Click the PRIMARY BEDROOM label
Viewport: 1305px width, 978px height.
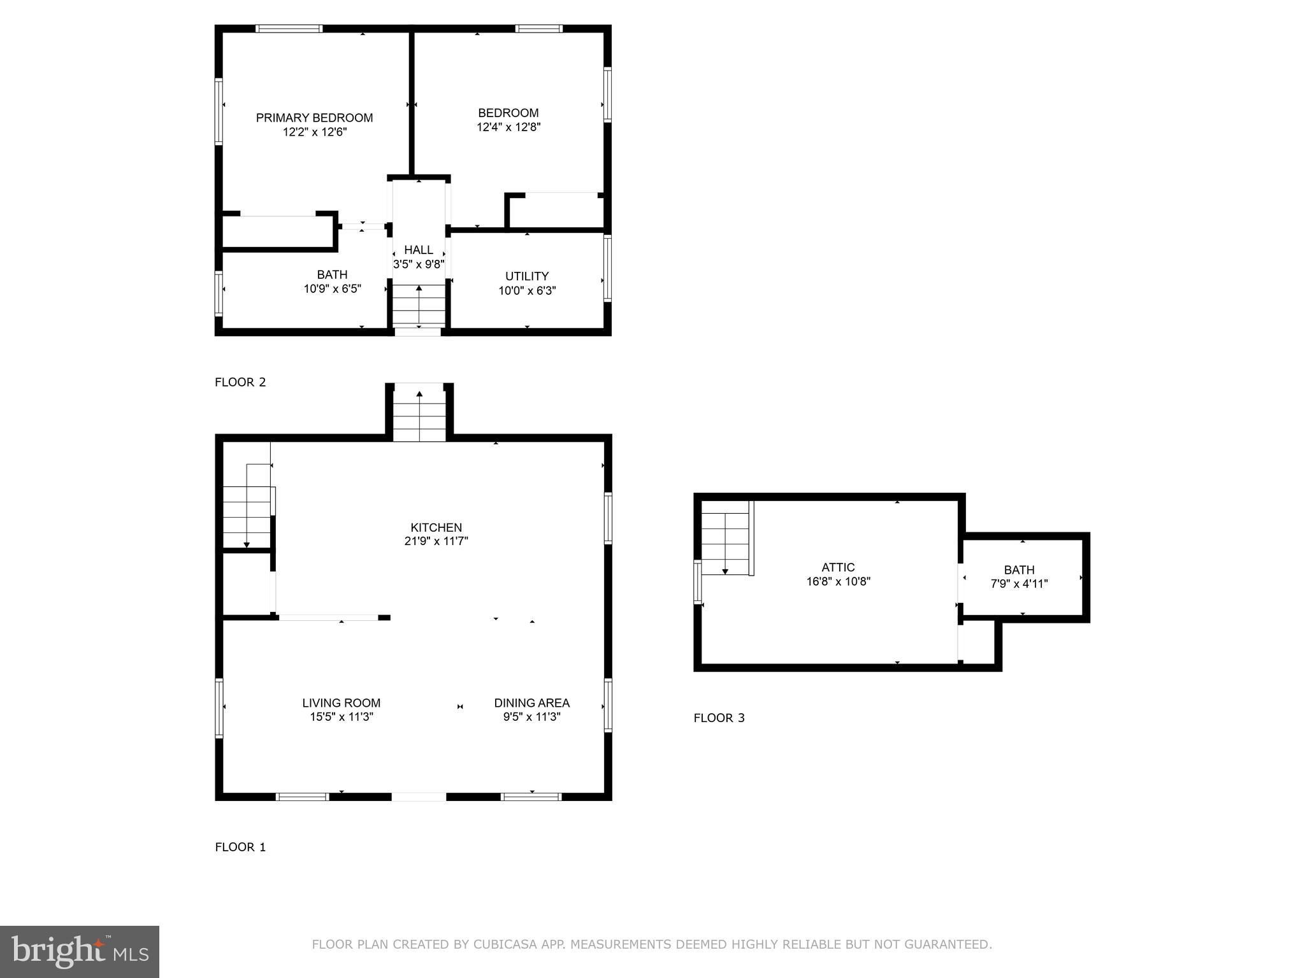(x=314, y=118)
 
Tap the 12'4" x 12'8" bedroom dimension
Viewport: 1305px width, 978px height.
(x=508, y=127)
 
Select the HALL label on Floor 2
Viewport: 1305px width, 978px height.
(x=419, y=250)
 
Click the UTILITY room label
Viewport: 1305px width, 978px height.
(x=526, y=276)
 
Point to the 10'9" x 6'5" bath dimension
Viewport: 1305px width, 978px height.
(x=332, y=289)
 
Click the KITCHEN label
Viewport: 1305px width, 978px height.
(x=436, y=527)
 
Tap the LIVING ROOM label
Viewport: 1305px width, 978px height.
(x=341, y=703)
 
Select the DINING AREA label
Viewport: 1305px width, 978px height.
(x=531, y=703)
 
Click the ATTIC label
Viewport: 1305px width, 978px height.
(x=838, y=567)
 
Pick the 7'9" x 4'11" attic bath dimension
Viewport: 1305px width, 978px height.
(x=1019, y=583)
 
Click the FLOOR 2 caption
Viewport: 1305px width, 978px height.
(x=240, y=382)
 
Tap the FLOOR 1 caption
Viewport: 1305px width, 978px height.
(x=240, y=847)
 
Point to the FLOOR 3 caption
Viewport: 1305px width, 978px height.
(x=719, y=718)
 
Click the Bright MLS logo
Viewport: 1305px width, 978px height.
(x=79, y=951)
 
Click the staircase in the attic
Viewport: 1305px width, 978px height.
(x=726, y=538)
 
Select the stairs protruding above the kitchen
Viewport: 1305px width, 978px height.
(x=419, y=413)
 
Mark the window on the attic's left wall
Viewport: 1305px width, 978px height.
(x=698, y=581)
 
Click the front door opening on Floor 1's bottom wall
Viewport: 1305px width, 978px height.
(x=418, y=797)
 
